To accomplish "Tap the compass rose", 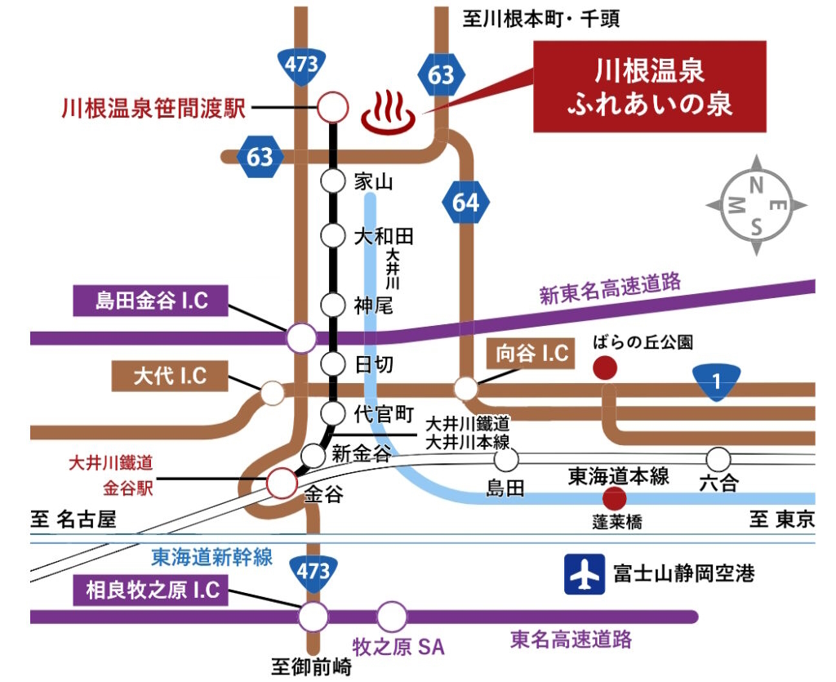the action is click(x=756, y=205).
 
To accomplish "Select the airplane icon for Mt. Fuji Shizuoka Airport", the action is click(x=585, y=574).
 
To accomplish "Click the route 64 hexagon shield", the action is click(x=465, y=203).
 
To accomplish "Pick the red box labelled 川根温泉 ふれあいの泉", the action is click(x=650, y=87).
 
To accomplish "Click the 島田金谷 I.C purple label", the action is click(x=151, y=301).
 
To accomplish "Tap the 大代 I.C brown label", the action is click(x=170, y=376).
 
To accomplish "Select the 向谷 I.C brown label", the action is click(x=531, y=353).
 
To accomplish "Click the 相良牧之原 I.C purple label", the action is click(x=151, y=590).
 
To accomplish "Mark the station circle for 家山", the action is click(x=333, y=181).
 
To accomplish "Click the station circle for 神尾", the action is click(x=333, y=305).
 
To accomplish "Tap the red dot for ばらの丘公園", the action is click(x=605, y=368).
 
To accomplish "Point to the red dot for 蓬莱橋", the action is click(x=614, y=499).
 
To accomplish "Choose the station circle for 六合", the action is click(x=718, y=458).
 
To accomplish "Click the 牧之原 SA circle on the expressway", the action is click(x=392, y=617).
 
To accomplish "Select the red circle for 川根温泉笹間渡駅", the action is click(x=333, y=107).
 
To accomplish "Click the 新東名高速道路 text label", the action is click(x=611, y=288).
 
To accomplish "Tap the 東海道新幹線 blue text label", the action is click(x=212, y=557).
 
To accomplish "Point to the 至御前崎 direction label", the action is click(x=311, y=666).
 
